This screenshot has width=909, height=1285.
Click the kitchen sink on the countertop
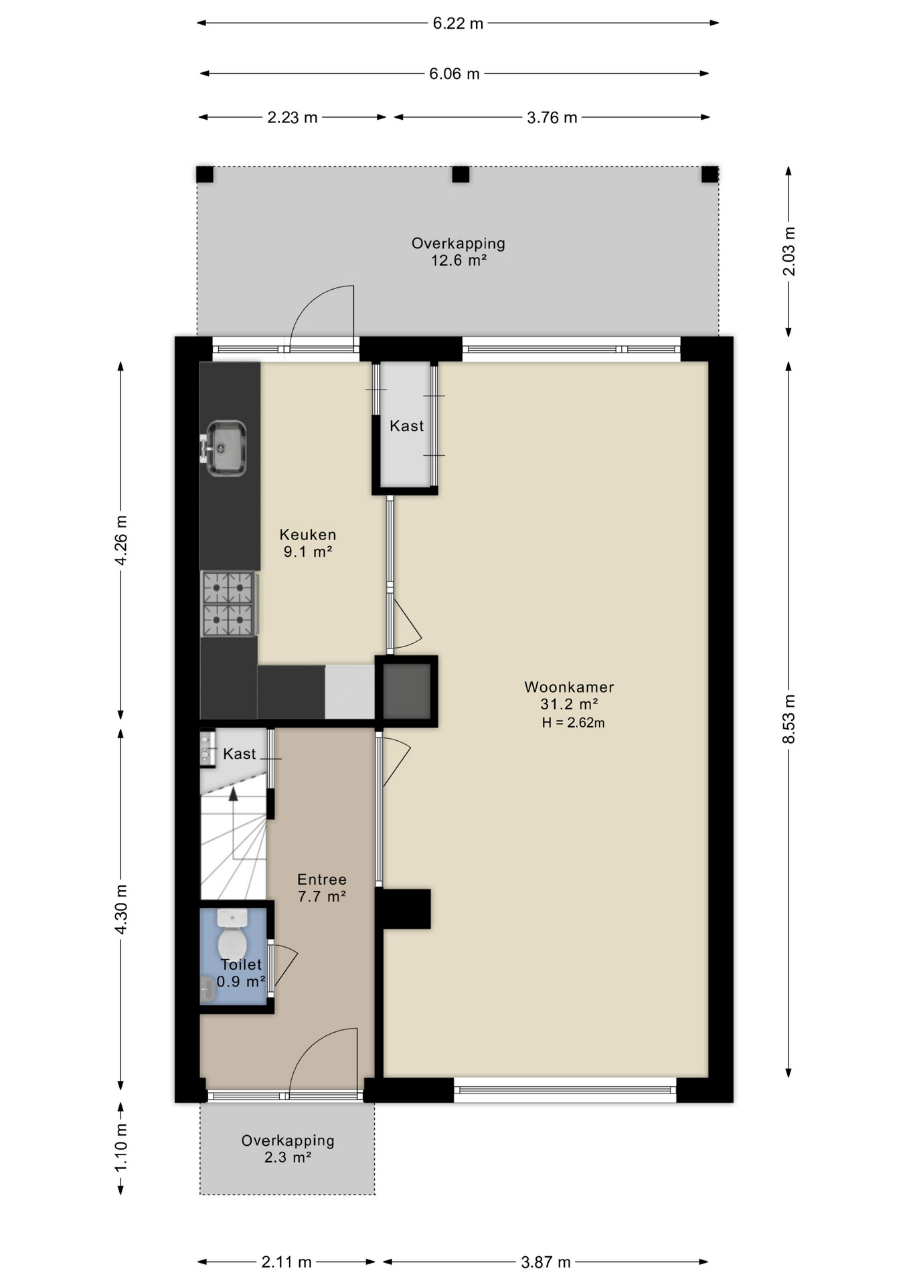226,448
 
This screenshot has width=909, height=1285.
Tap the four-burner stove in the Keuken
228,604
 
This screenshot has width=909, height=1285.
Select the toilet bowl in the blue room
232,942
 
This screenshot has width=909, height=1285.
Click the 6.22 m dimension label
458,23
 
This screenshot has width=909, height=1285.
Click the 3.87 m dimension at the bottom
546,1262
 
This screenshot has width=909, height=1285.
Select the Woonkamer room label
569,687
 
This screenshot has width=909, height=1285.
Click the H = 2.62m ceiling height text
573,723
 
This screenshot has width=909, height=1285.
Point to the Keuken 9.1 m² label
308,543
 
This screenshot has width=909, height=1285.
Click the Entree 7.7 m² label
322,887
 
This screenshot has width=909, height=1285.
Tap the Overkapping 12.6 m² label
458,252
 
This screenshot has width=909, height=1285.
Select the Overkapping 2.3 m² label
288,1148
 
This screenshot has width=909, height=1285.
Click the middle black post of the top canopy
461,175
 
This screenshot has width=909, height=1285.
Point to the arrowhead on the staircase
233,794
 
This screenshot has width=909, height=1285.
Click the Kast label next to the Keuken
406,426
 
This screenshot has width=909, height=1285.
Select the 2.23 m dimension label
293,118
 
